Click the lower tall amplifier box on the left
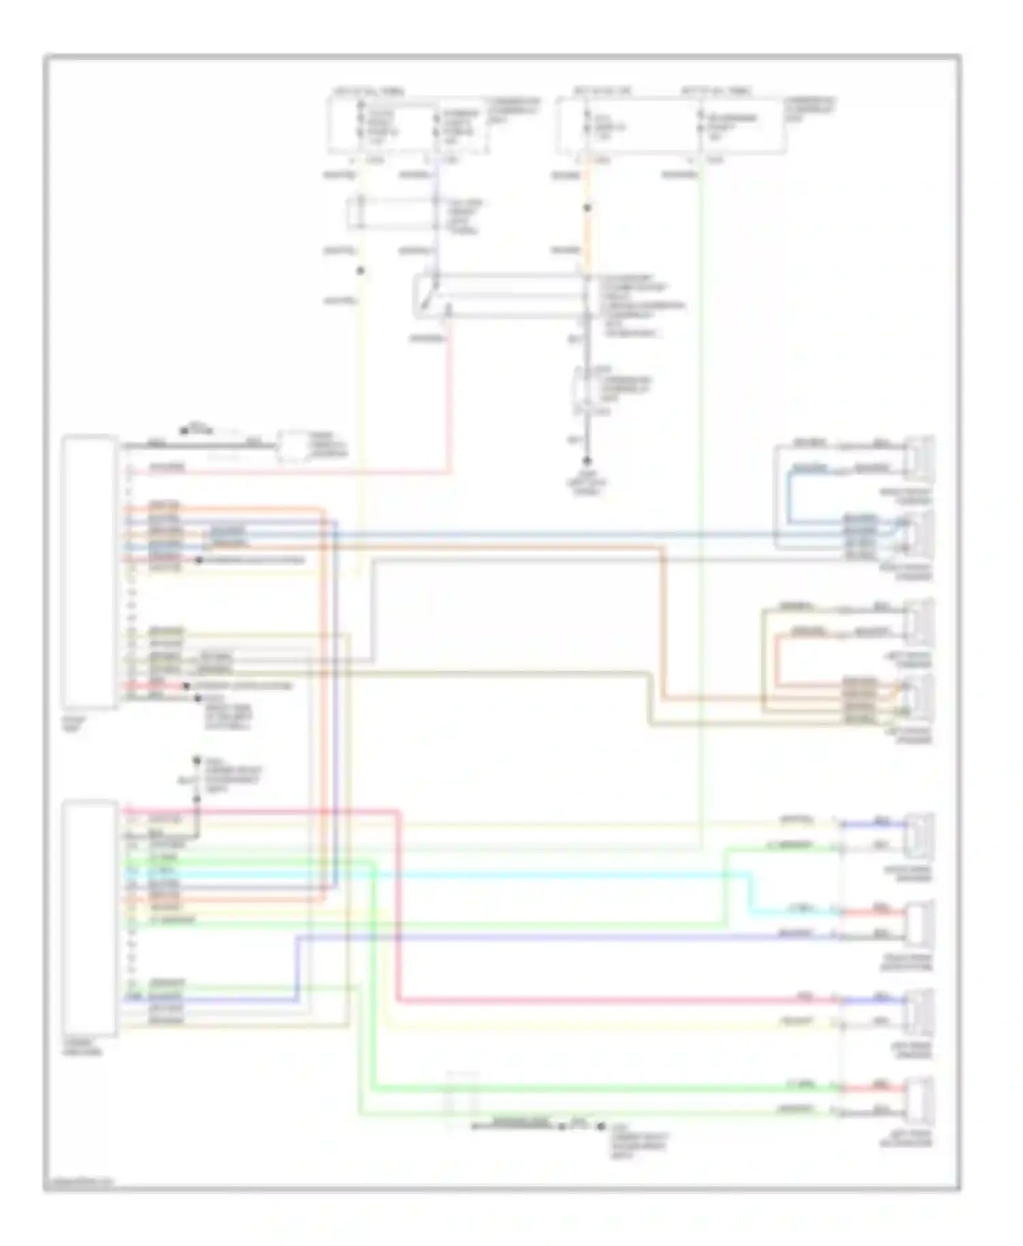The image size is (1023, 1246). click(89, 917)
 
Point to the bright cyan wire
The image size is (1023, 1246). click(546, 873)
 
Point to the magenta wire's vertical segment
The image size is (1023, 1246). click(396, 907)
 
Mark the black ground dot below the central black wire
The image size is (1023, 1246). click(587, 461)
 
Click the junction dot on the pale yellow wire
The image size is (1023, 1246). click(361, 271)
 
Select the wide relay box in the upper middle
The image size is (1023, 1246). click(501, 297)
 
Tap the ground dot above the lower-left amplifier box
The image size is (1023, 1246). click(196, 759)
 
